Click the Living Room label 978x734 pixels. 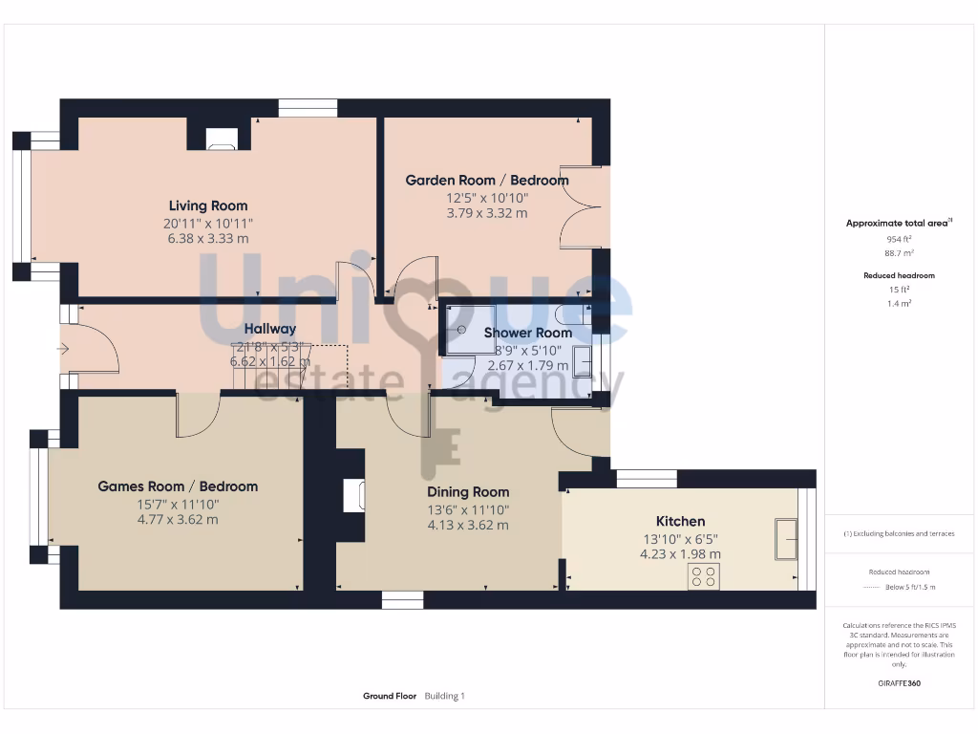pos(208,205)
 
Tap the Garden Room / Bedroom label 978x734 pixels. pos(486,180)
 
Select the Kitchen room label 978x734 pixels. pos(680,521)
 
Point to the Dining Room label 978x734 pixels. pos(468,492)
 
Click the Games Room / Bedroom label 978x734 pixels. pos(178,486)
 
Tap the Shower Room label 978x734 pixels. pos(527,333)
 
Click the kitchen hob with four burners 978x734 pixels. pos(704,576)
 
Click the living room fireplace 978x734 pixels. pos(221,143)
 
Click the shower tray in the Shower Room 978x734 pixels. pos(469,330)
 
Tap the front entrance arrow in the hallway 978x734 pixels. pos(64,350)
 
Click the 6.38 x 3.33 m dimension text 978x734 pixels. pos(207,239)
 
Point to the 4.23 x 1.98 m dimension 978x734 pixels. pos(680,553)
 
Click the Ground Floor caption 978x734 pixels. pos(390,697)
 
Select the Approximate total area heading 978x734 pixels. pos(896,223)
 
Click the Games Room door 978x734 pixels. pos(198,416)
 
